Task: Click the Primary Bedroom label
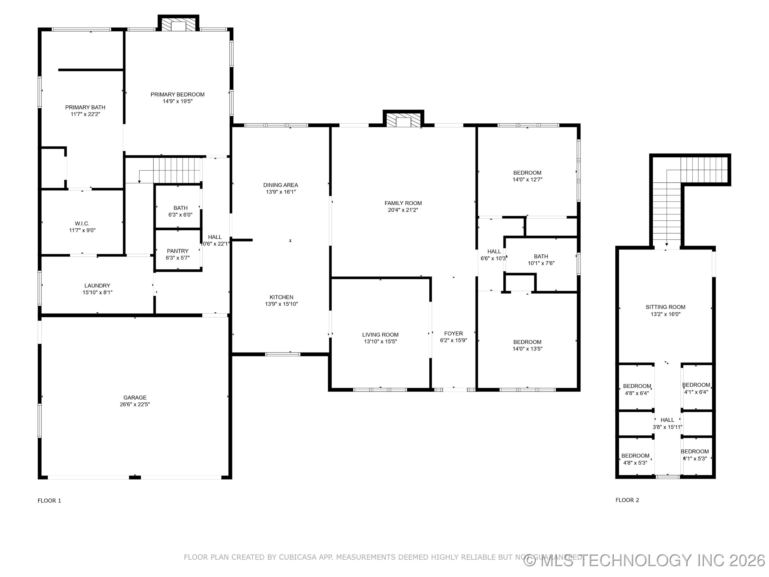click(177, 95)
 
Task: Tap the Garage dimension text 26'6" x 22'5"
click(135, 404)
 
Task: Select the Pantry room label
click(178, 251)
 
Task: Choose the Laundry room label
click(97, 286)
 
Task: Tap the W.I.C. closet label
click(82, 223)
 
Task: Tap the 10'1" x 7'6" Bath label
click(541, 256)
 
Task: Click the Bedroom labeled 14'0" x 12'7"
click(527, 173)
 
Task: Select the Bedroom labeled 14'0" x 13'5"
click(527, 342)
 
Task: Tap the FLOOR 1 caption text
click(49, 501)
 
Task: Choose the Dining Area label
click(281, 185)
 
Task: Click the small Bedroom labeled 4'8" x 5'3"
click(635, 456)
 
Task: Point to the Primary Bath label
click(85, 107)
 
